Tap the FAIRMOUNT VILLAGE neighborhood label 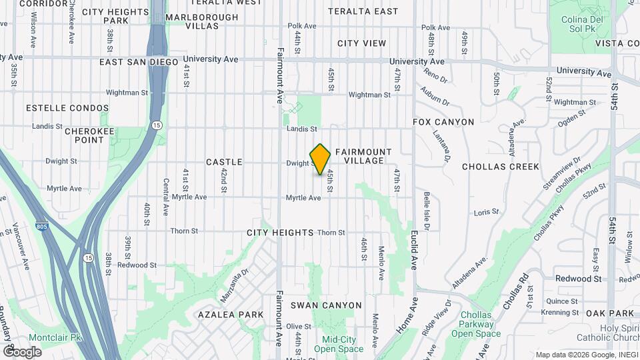363,156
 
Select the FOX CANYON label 443,122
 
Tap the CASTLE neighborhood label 224,162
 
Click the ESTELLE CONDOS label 67,108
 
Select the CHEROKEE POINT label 91,136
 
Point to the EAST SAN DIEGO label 139,62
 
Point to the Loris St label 486,212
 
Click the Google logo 23,351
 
